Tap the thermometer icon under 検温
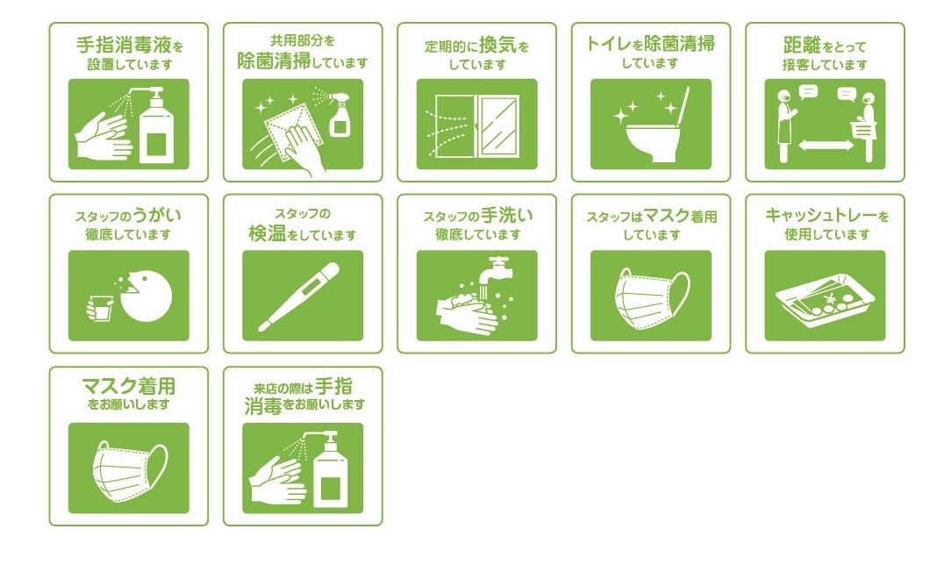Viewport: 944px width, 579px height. (x=298, y=297)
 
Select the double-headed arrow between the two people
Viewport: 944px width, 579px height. (x=826, y=145)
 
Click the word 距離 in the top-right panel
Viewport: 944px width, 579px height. (x=802, y=45)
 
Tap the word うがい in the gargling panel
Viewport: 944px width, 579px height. (x=157, y=215)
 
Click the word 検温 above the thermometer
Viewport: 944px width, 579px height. (x=268, y=233)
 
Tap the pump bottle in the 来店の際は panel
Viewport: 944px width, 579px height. (x=331, y=471)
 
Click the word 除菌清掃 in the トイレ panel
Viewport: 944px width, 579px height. (x=679, y=43)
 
